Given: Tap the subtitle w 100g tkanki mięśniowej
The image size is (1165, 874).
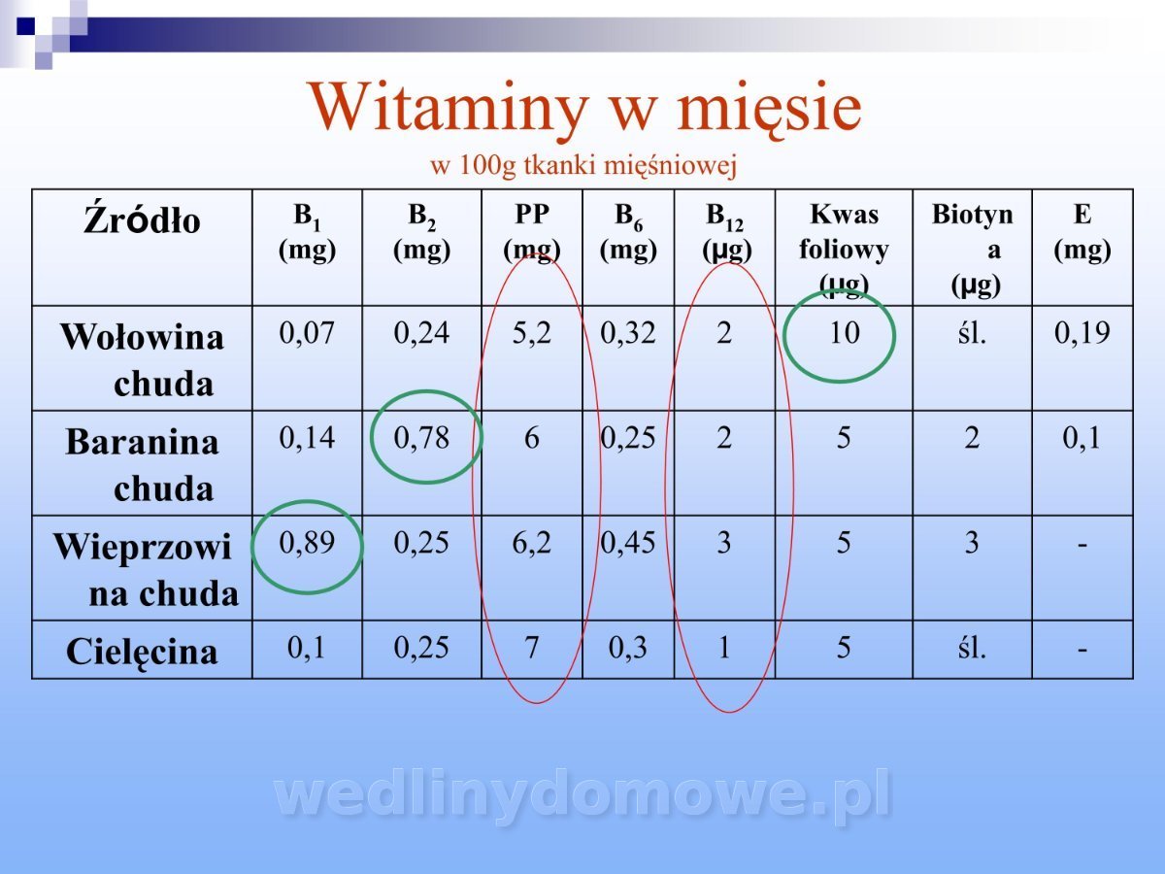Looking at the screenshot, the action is click(x=583, y=165).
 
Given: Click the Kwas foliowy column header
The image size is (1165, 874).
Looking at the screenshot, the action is click(x=844, y=250).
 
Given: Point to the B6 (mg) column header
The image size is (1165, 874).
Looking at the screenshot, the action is click(x=628, y=232).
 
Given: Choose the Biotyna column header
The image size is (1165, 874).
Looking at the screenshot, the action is click(x=973, y=250).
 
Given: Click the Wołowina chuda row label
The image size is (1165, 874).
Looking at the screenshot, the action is click(x=142, y=359).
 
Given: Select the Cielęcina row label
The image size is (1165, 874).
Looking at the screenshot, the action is click(x=142, y=651).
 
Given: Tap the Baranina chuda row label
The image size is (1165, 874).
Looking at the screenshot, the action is click(x=142, y=465).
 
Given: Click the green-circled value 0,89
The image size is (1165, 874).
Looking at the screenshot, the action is click(x=307, y=543).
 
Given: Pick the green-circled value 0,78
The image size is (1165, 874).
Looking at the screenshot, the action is click(x=421, y=438).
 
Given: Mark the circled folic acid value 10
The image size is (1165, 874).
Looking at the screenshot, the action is click(x=844, y=333).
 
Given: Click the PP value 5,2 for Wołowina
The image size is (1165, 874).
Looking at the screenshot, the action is click(x=531, y=333).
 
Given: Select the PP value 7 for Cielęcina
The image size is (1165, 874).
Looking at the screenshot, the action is click(x=531, y=648).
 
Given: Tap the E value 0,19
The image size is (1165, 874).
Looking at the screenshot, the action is click(x=1082, y=333).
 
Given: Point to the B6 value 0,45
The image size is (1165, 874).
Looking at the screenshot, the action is click(x=628, y=543).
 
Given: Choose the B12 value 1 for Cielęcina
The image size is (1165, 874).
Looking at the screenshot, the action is click(x=724, y=648).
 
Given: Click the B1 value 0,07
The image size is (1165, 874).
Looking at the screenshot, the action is click(x=307, y=333).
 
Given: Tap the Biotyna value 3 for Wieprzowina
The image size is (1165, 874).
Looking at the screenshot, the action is click(x=972, y=543).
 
